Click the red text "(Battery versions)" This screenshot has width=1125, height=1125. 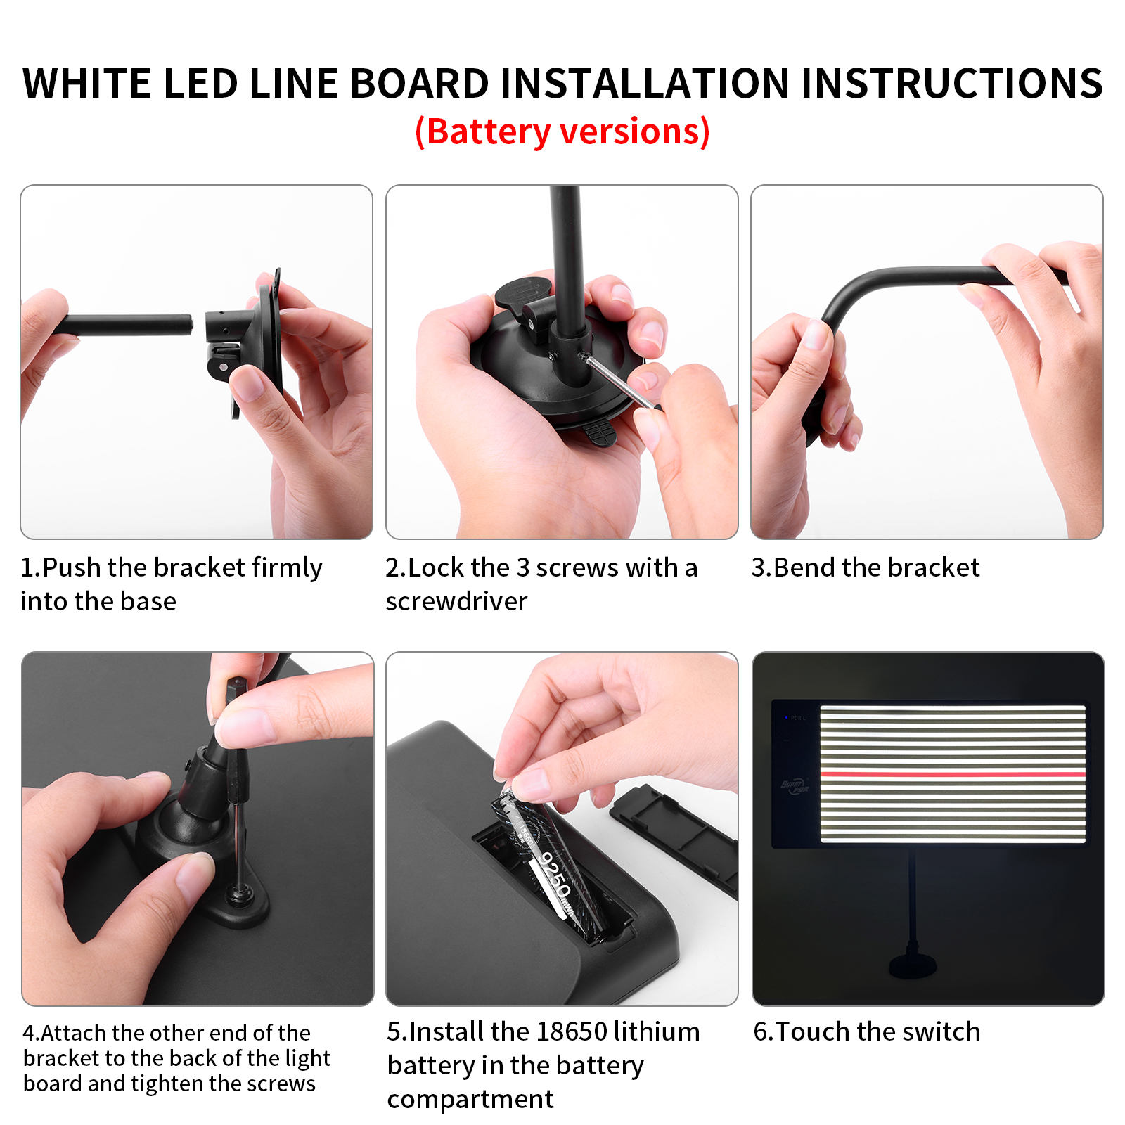point(562,131)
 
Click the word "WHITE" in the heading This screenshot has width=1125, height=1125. point(87,83)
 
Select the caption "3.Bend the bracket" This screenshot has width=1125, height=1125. point(865,567)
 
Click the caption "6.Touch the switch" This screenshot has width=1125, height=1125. point(866,1031)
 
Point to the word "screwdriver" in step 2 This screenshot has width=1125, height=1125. point(456,601)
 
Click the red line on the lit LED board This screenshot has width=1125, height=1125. point(953,774)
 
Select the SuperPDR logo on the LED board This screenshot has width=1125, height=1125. point(795,785)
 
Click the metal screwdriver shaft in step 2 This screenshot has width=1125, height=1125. point(622,382)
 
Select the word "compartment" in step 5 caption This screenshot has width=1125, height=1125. point(470,1099)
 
